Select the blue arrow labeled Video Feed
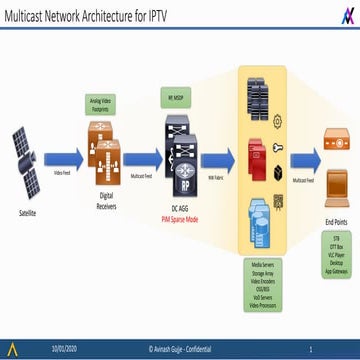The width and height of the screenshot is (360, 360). pos(62,158)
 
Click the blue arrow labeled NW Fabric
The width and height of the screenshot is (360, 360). pos(216,158)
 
